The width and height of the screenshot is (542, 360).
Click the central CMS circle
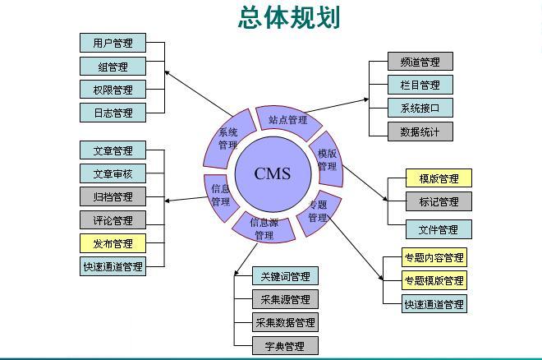coord(272,173)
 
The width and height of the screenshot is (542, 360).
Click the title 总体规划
coord(289,17)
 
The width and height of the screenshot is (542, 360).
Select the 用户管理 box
coord(113,43)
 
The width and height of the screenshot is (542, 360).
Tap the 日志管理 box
coord(113,112)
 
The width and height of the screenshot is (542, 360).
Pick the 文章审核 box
coord(113,173)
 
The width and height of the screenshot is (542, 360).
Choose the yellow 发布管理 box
coord(113,243)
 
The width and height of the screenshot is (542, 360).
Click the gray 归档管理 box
coord(113,196)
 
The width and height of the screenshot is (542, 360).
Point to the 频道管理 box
coord(420,62)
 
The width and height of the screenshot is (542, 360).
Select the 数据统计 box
coord(420,131)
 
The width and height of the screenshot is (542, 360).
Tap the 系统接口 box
coord(420,108)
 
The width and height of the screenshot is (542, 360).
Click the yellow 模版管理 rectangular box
coord(439,178)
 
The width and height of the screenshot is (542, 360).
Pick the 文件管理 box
coord(439,229)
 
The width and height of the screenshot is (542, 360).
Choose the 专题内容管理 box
coord(434,257)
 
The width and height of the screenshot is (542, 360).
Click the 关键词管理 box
coord(285,276)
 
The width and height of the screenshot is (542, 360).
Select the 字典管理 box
coord(285,345)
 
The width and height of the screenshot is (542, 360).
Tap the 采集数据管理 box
coord(285,322)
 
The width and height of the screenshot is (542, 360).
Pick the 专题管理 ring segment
coord(318,212)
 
